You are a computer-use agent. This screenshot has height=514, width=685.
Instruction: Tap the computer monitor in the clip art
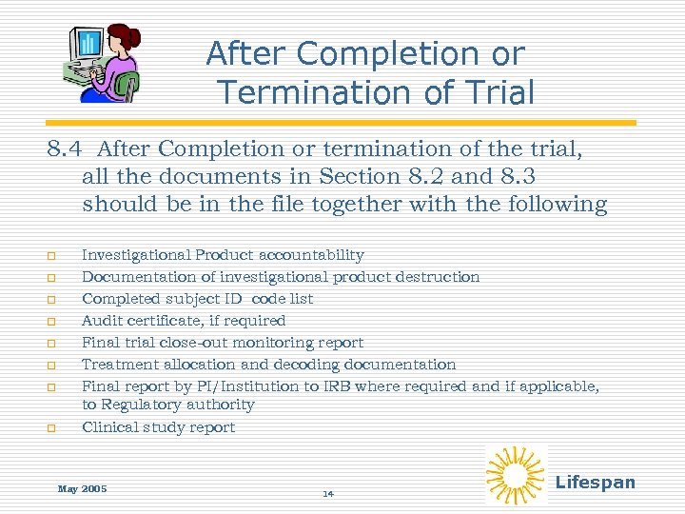click(89, 44)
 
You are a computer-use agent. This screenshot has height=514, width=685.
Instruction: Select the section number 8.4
click(68, 149)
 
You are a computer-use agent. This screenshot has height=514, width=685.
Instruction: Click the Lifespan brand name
click(595, 482)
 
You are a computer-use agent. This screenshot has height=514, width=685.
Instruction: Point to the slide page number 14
click(328, 494)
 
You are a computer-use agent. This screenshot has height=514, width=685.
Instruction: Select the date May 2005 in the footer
click(82, 488)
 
